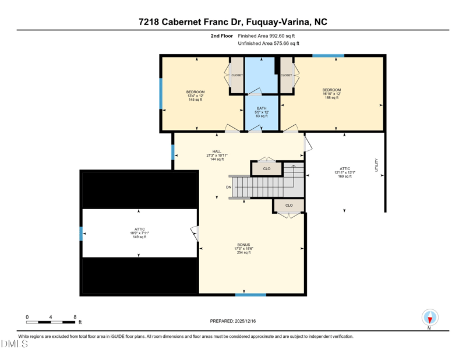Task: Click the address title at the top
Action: click(x=233, y=22)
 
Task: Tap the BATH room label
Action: click(x=262, y=112)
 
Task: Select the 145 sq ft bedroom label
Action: click(x=196, y=96)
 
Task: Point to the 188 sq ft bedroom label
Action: click(x=331, y=94)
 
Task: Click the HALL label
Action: click(x=217, y=156)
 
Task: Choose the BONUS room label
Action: click(x=243, y=249)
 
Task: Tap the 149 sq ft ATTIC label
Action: click(x=140, y=233)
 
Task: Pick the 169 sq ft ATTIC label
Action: click(x=345, y=172)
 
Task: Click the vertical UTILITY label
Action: click(x=376, y=165)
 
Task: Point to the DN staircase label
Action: click(x=228, y=188)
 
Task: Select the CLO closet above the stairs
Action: click(x=267, y=169)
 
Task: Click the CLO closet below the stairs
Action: click(x=289, y=206)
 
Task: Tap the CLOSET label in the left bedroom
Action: click(x=237, y=75)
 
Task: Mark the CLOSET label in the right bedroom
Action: click(x=287, y=75)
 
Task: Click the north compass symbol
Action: click(x=430, y=317)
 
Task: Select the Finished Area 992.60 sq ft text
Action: click(x=266, y=36)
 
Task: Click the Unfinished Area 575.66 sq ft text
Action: click(x=269, y=44)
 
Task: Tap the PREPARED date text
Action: click(x=233, y=321)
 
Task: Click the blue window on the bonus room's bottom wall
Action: click(x=251, y=295)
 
